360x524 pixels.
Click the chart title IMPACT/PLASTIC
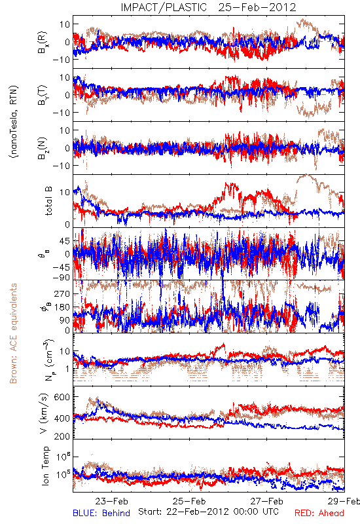pos(164,7)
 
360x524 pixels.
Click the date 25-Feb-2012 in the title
pos(257,7)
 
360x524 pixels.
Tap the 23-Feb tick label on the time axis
pos(111,501)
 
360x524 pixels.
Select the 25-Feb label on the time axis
pos(189,501)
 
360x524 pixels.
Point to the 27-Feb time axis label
pos(267,501)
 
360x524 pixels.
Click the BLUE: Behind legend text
pos(101,513)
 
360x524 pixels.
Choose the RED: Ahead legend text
pos(319,513)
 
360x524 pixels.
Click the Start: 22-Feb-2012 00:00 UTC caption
pos(208,512)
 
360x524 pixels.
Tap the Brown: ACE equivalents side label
pos(13,333)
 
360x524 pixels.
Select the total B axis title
pos(48,201)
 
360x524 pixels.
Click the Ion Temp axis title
pos(45,466)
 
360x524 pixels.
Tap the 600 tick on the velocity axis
pos(62,397)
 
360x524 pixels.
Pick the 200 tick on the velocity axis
pos(62,436)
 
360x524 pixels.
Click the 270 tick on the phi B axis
pos(62,293)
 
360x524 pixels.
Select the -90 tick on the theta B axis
pos(61,277)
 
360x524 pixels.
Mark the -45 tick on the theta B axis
pos(61,267)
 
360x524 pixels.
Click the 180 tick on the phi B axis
pos(62,307)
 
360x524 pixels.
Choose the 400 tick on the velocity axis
pos(62,418)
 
